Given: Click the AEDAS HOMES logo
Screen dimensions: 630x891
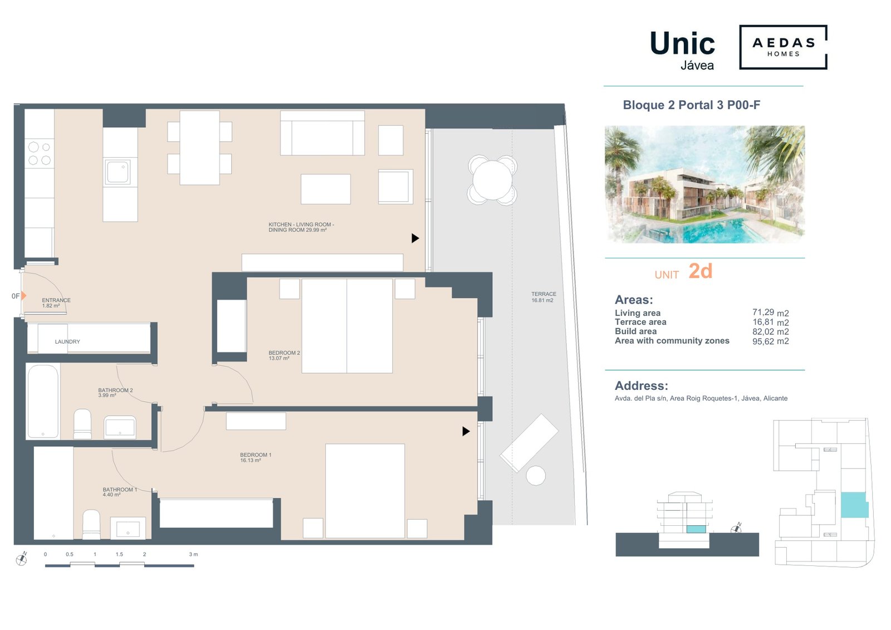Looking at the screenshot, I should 782,47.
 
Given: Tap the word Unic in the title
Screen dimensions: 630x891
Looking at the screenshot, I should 682,43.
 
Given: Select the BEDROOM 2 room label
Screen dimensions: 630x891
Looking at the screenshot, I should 284,355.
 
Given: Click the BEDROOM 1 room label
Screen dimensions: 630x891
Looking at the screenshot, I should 256,457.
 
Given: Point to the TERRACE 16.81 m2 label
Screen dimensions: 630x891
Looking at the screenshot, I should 543,297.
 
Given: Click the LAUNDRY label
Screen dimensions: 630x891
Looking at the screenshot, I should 67,341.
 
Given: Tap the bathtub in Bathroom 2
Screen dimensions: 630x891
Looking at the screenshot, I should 43,401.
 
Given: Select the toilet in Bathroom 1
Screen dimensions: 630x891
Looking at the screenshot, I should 91,524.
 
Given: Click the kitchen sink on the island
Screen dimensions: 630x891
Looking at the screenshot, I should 118,172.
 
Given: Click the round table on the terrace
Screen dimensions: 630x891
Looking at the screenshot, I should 492,180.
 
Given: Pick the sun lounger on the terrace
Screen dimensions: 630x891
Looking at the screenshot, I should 528,442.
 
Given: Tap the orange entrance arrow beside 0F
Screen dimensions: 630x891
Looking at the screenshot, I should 24,296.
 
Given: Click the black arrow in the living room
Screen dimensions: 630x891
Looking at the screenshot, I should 415,238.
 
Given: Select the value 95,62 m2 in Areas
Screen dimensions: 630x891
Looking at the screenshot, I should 770,341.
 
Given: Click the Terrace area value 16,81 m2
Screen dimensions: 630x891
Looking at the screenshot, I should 770,322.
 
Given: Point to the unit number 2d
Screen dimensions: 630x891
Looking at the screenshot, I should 700,271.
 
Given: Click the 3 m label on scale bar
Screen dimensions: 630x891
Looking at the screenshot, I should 193,554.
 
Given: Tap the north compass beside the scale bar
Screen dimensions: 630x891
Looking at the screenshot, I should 22,559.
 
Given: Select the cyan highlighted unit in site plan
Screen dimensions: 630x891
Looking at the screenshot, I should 854,505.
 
